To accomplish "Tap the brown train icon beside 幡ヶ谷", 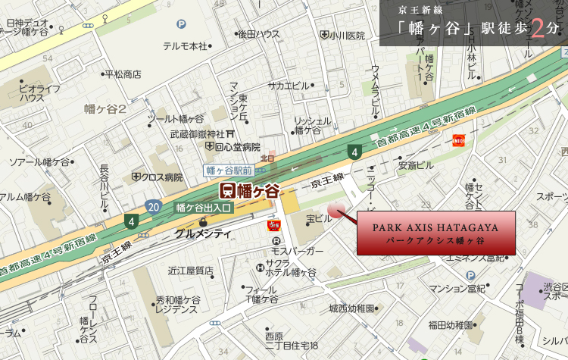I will (226, 189).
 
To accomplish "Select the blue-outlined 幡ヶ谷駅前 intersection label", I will (229, 171).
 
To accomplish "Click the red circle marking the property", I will (335, 211).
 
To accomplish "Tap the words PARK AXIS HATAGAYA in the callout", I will (435, 227).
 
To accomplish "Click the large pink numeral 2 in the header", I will (538, 28).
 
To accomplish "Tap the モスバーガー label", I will (297, 250).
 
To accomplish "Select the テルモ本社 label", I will (185, 46).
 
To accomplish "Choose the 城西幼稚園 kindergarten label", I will (351, 308).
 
